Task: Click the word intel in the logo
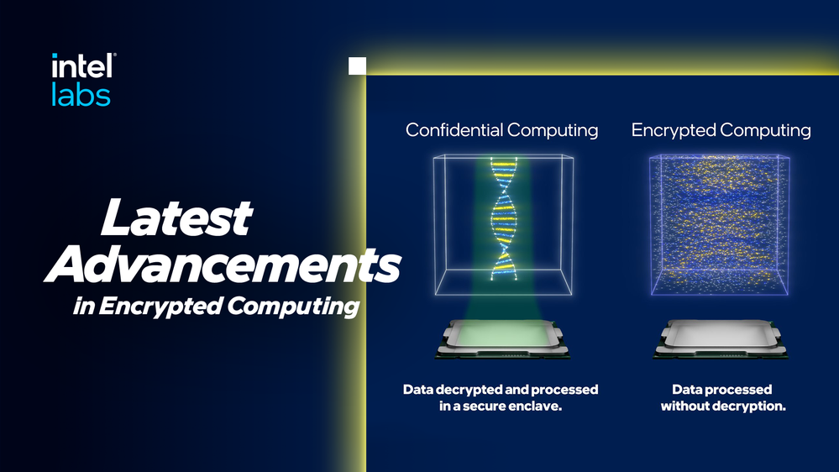pyautogui.click(x=83, y=66)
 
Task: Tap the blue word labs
pyautogui.click(x=81, y=94)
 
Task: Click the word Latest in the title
pyautogui.click(x=176, y=218)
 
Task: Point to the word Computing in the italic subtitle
pyautogui.click(x=293, y=307)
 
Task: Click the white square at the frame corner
pyautogui.click(x=358, y=66)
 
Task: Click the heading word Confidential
pyautogui.click(x=454, y=130)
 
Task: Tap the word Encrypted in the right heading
pyautogui.click(x=674, y=130)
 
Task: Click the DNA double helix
pyautogui.click(x=504, y=218)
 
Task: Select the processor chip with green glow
pyautogui.click(x=502, y=338)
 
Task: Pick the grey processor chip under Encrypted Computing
pyautogui.click(x=721, y=338)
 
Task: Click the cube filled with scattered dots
pyautogui.click(x=720, y=225)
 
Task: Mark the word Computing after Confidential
pyautogui.click(x=553, y=130)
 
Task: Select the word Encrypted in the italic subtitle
pyautogui.click(x=160, y=307)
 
